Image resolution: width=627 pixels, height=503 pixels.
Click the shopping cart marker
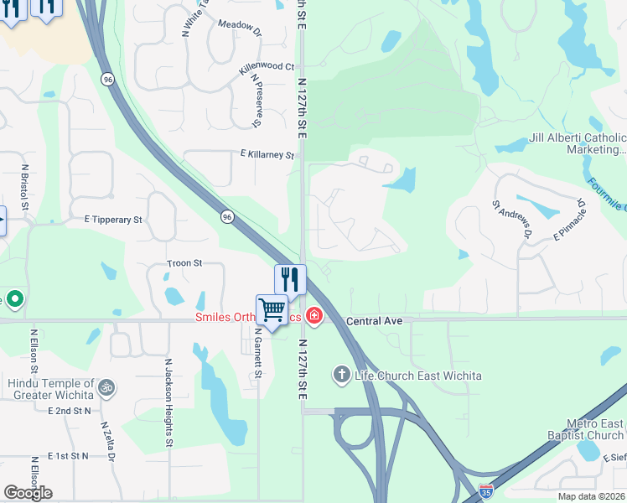tap(272, 311)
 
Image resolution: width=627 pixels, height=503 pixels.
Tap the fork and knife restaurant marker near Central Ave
tap(290, 278)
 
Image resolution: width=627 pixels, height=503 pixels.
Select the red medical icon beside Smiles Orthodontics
tap(313, 316)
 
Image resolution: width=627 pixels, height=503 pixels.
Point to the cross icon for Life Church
tap(341, 374)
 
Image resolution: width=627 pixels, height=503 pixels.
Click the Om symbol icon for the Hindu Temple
tap(106, 387)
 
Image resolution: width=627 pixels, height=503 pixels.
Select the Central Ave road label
tap(375, 321)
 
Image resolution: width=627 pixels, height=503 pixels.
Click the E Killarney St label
tap(267, 155)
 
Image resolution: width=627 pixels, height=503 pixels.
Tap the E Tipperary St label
tap(113, 220)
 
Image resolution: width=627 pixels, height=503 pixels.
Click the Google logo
tap(28, 492)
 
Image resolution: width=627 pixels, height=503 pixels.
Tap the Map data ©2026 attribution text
tap(591, 496)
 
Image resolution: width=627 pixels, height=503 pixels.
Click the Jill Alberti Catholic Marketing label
tap(578, 143)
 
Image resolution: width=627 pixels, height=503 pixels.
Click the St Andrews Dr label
tap(512, 218)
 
